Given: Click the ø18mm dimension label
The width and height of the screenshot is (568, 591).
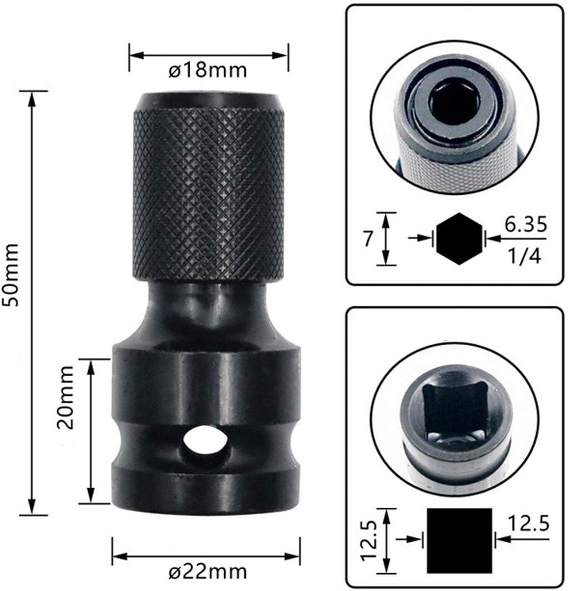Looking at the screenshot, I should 209,72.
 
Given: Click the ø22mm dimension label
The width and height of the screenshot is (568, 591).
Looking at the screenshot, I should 209,571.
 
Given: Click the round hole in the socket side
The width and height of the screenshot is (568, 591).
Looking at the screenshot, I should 202,441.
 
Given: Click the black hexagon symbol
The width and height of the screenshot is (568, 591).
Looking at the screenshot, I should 458,238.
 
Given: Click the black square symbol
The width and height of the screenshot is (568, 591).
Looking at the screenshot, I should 459,540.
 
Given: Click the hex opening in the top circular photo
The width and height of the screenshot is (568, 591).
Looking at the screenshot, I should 454,100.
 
